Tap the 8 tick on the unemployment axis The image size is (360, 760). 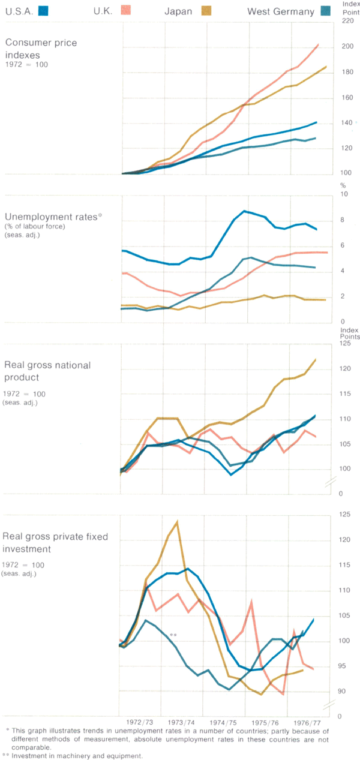343,220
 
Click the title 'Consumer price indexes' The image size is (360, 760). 41,48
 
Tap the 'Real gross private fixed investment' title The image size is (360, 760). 55,542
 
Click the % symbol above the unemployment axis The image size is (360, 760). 343,185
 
